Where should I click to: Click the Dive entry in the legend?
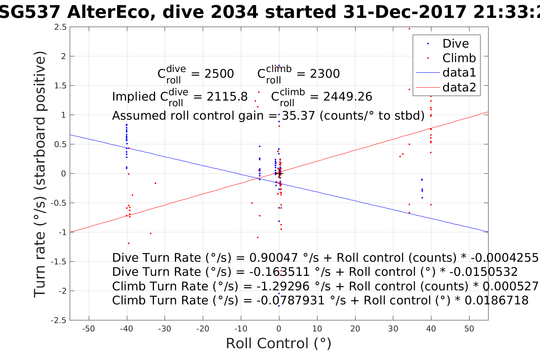point(455,43)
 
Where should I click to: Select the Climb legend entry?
point(459,58)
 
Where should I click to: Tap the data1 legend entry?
point(459,72)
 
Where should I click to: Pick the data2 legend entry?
point(459,87)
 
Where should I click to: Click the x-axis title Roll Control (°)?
point(279,343)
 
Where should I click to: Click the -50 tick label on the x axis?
point(88,329)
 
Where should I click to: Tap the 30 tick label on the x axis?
point(393,329)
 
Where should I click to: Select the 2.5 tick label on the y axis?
point(60,27)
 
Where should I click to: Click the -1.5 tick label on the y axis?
point(59,262)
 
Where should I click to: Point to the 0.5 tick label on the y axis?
point(60,144)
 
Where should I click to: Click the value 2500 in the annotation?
point(219,74)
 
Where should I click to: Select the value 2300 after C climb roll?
point(325,74)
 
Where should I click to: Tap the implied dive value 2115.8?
point(227,97)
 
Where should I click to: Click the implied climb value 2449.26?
point(348,97)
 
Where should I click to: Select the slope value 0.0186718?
point(497,301)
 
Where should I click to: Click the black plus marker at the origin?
point(279,174)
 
